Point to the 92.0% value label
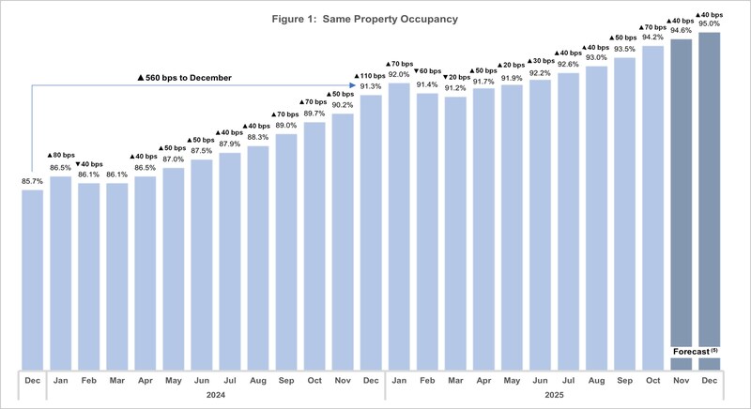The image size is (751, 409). [x=398, y=73]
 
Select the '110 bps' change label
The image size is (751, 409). [x=370, y=74]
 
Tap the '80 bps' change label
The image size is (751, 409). [x=61, y=154]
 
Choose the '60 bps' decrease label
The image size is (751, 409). [x=427, y=71]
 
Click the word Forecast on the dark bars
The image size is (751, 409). [x=693, y=353]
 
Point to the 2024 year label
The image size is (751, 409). [x=201, y=396]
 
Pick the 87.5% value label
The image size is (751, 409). [x=201, y=150]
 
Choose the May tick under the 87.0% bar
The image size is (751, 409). [x=174, y=381]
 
